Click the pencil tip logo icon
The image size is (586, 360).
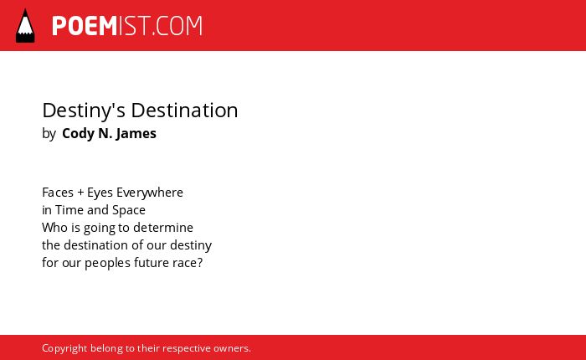tap(25, 26)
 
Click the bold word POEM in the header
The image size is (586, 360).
tap(85, 26)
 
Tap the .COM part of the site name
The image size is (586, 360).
tap(177, 26)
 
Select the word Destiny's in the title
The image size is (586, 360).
tap(84, 111)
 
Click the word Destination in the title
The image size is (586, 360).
tap(184, 111)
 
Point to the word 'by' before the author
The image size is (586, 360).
tap(49, 134)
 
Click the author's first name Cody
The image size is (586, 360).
tap(78, 134)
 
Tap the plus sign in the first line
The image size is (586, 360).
tap(80, 193)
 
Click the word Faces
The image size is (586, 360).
tap(58, 193)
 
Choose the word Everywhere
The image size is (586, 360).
tap(150, 193)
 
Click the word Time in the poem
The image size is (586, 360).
tap(69, 210)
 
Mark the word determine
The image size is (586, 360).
tap(163, 228)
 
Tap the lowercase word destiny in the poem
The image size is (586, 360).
tap(191, 245)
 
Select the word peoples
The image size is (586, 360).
tap(108, 263)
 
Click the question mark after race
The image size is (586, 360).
tap(200, 263)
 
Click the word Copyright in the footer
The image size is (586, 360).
tap(64, 348)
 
